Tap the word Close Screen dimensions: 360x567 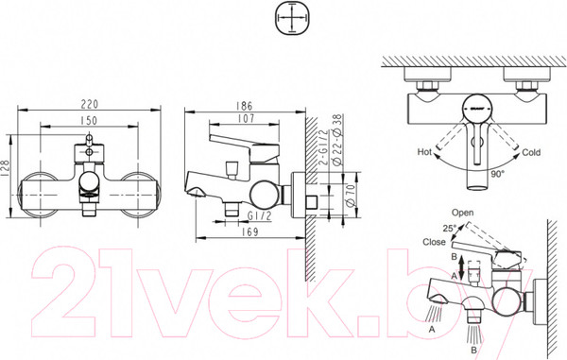click(x=436, y=241)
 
